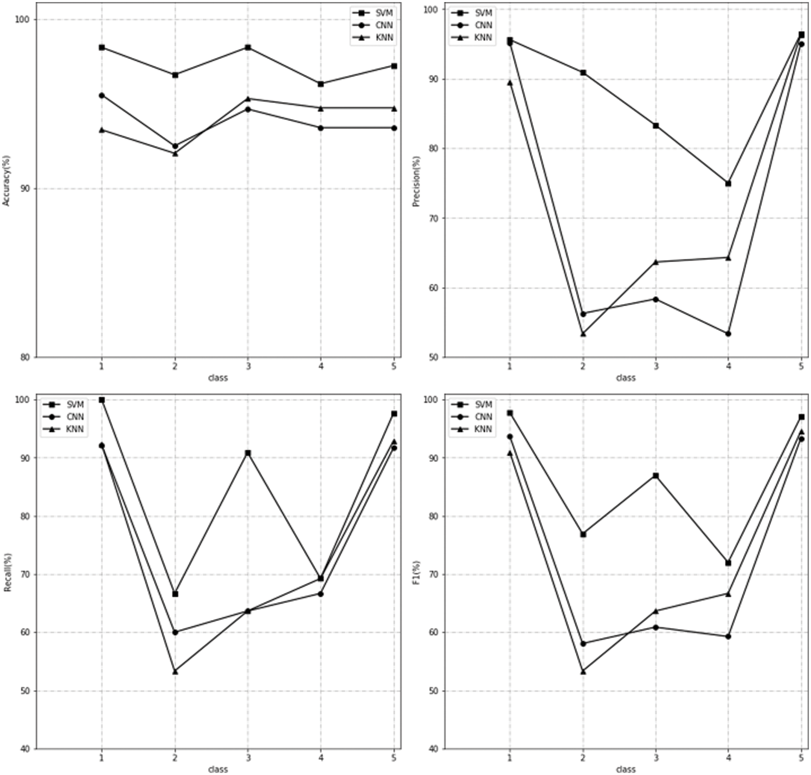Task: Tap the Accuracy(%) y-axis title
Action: click(x=6, y=181)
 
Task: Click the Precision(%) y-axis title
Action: click(x=416, y=181)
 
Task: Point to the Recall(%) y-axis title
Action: click(x=7, y=572)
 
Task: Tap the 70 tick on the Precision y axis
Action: click(x=434, y=218)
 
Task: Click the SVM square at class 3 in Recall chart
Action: click(x=248, y=453)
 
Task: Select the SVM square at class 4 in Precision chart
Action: click(x=728, y=183)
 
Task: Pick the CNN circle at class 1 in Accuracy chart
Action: click(x=102, y=95)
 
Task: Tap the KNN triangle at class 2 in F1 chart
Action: click(x=583, y=671)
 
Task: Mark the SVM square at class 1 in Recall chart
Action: click(x=102, y=400)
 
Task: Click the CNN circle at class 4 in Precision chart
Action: click(x=728, y=334)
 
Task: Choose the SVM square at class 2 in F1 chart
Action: click(x=583, y=534)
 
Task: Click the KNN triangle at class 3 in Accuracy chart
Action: click(x=248, y=99)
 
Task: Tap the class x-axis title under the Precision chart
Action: click(x=626, y=378)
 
